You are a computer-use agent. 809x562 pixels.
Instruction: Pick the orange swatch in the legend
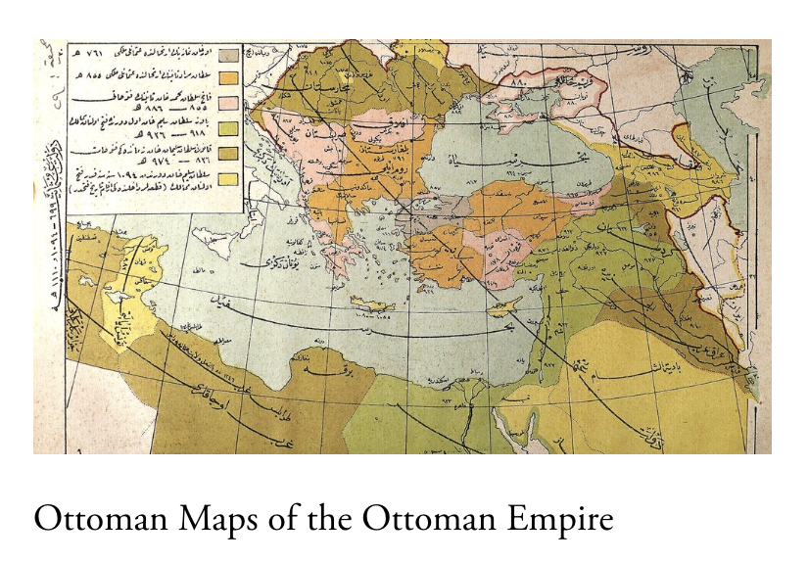(x=228, y=78)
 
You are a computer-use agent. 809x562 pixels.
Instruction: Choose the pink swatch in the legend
(x=228, y=103)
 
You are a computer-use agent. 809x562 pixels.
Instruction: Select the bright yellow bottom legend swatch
(x=228, y=178)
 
